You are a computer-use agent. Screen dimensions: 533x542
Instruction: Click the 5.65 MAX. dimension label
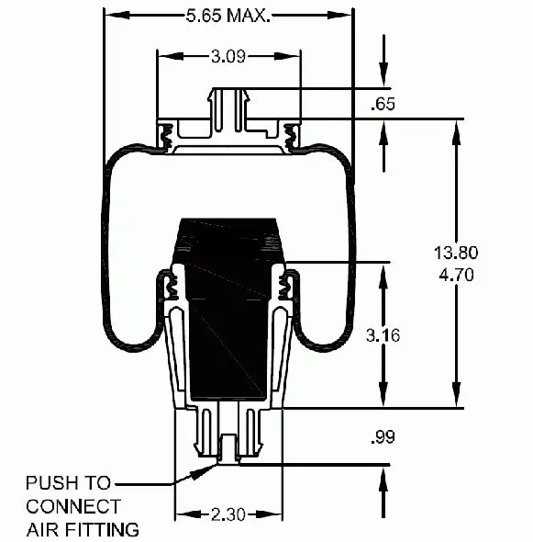tap(228, 16)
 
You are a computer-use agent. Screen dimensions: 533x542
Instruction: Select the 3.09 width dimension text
tap(228, 56)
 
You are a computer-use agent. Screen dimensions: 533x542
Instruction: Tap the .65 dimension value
tap(383, 104)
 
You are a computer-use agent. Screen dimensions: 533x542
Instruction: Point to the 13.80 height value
tap(456, 253)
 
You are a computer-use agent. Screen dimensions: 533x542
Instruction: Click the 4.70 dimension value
tap(456, 275)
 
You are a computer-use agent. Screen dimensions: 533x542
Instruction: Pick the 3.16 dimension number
tap(383, 335)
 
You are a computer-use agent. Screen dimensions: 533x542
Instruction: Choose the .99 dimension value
tap(383, 437)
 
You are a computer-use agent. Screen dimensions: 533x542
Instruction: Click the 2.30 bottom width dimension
tap(228, 514)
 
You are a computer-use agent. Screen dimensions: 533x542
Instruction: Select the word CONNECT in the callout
tap(73, 506)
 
